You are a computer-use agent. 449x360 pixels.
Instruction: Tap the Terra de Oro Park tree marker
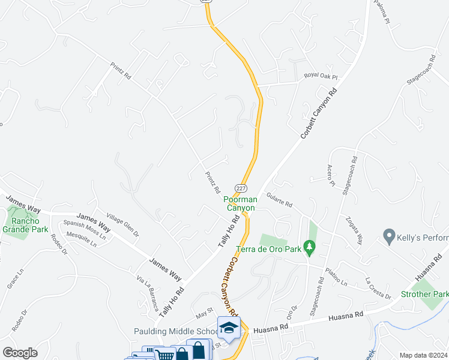click(309, 247)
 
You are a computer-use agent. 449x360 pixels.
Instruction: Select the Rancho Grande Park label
click(25, 224)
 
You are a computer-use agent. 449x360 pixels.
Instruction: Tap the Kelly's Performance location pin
click(389, 236)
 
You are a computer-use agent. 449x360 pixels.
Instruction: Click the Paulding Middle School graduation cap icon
click(228, 328)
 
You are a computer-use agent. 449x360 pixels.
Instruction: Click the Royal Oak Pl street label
click(321, 77)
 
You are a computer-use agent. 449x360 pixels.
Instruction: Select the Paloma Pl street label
click(382, 11)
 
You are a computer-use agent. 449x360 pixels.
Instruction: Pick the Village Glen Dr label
click(122, 224)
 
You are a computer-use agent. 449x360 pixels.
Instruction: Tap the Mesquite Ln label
click(80, 241)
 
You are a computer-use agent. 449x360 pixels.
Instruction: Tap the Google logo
click(20, 353)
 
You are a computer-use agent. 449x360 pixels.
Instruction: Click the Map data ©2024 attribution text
click(423, 355)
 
